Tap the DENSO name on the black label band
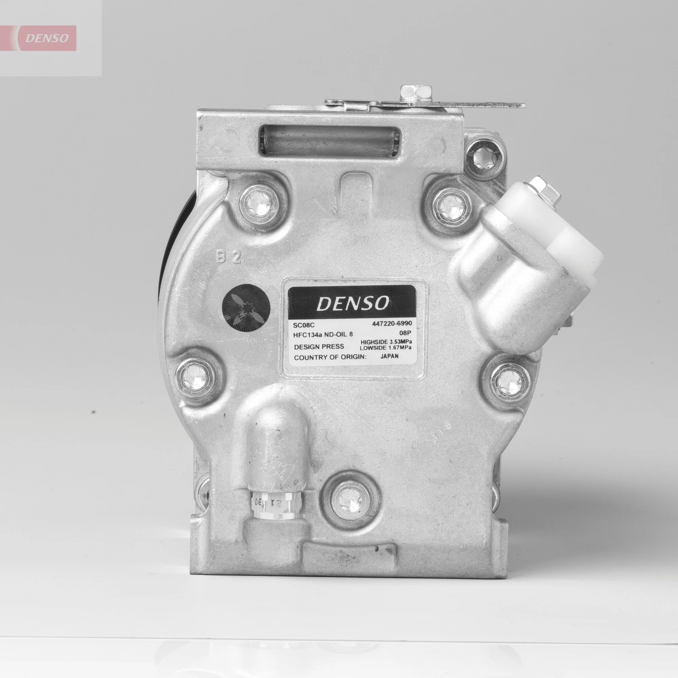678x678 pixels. [352, 303]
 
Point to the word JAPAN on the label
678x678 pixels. [389, 356]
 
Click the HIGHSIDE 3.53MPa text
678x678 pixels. [386, 341]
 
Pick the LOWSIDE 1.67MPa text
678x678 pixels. [385, 348]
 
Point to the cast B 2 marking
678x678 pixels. [228, 258]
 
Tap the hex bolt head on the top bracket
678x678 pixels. [416, 93]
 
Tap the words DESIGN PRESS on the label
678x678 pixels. [319, 347]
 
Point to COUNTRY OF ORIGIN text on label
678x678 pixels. [330, 358]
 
